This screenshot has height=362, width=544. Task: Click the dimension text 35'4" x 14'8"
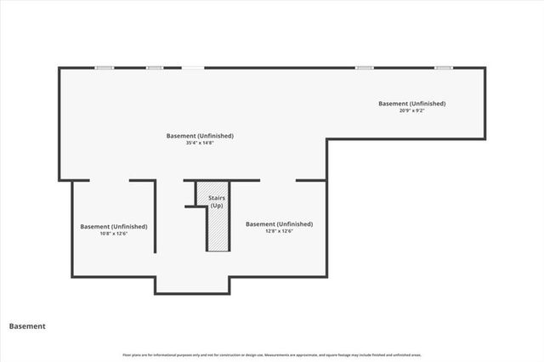coord(200,143)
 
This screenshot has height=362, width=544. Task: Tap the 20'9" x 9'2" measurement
coord(412,110)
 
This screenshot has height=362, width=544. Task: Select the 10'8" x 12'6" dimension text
coord(114,234)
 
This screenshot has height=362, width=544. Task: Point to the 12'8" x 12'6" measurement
coord(279,231)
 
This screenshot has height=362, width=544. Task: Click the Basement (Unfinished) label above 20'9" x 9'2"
coord(412,104)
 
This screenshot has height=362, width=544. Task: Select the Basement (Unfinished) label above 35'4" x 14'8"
coord(200,136)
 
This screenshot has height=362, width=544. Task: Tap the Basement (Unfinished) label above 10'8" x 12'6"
coord(114,227)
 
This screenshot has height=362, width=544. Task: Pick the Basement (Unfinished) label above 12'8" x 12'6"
coord(279,224)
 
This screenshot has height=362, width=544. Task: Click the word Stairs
coord(217,199)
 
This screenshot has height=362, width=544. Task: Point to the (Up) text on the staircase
coord(217,206)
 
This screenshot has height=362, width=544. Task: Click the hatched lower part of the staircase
coord(217,231)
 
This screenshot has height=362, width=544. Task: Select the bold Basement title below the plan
coord(27,326)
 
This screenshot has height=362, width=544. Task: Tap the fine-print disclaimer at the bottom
coord(272,355)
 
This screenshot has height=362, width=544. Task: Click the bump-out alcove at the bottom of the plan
coord(191,284)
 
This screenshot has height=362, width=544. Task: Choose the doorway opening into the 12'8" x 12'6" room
coord(277,180)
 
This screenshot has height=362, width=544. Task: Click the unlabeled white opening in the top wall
coord(193,67)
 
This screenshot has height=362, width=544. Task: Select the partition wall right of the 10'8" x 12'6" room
coord(155,217)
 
